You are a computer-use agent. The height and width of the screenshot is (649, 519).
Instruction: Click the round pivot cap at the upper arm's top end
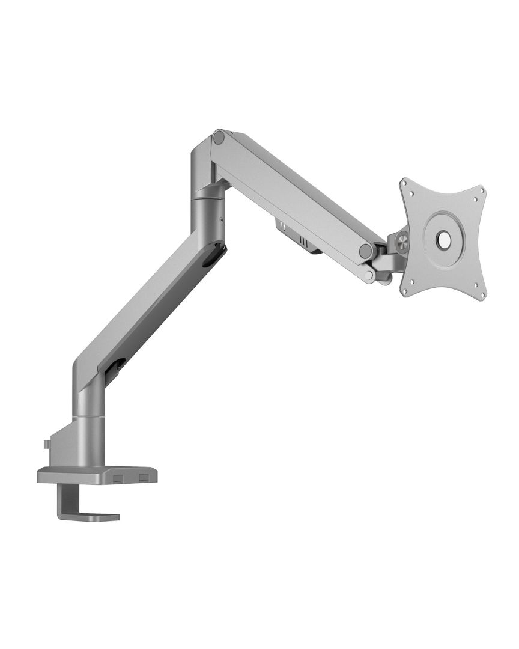pos(219,138)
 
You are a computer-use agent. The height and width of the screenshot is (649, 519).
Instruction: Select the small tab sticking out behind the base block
pos(47,445)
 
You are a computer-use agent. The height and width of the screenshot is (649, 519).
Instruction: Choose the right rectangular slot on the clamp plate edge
pos(143,478)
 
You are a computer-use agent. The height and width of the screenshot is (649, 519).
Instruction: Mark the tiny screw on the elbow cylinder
pos(221,219)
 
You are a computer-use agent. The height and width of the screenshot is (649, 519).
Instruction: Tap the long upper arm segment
pos(294,192)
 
